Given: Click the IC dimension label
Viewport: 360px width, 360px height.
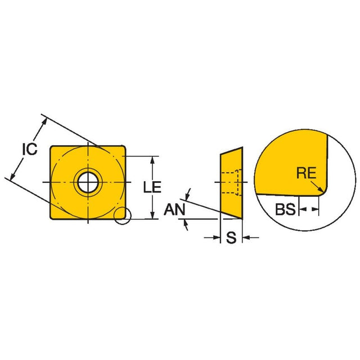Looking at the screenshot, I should (x=29, y=149).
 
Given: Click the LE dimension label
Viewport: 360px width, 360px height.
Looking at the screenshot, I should (x=150, y=187).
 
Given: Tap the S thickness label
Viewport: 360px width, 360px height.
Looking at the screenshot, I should (x=231, y=238).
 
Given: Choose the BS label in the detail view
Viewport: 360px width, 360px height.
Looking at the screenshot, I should (x=285, y=210).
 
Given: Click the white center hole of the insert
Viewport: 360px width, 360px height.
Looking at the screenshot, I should (x=87, y=182).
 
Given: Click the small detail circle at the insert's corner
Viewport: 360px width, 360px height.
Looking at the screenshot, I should (x=121, y=216).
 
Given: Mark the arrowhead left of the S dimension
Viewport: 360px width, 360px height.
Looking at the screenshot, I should (x=215, y=238).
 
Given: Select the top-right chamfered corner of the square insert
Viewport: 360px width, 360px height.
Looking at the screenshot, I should (x=123, y=147).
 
